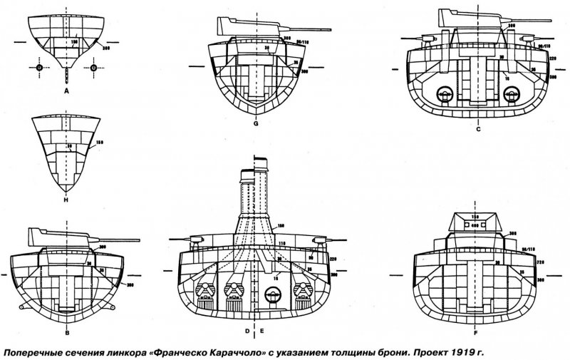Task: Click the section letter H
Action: coord(66,202)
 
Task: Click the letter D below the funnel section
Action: coord(247,331)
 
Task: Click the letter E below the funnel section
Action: coord(262,331)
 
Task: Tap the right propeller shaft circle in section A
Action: coord(93,68)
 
